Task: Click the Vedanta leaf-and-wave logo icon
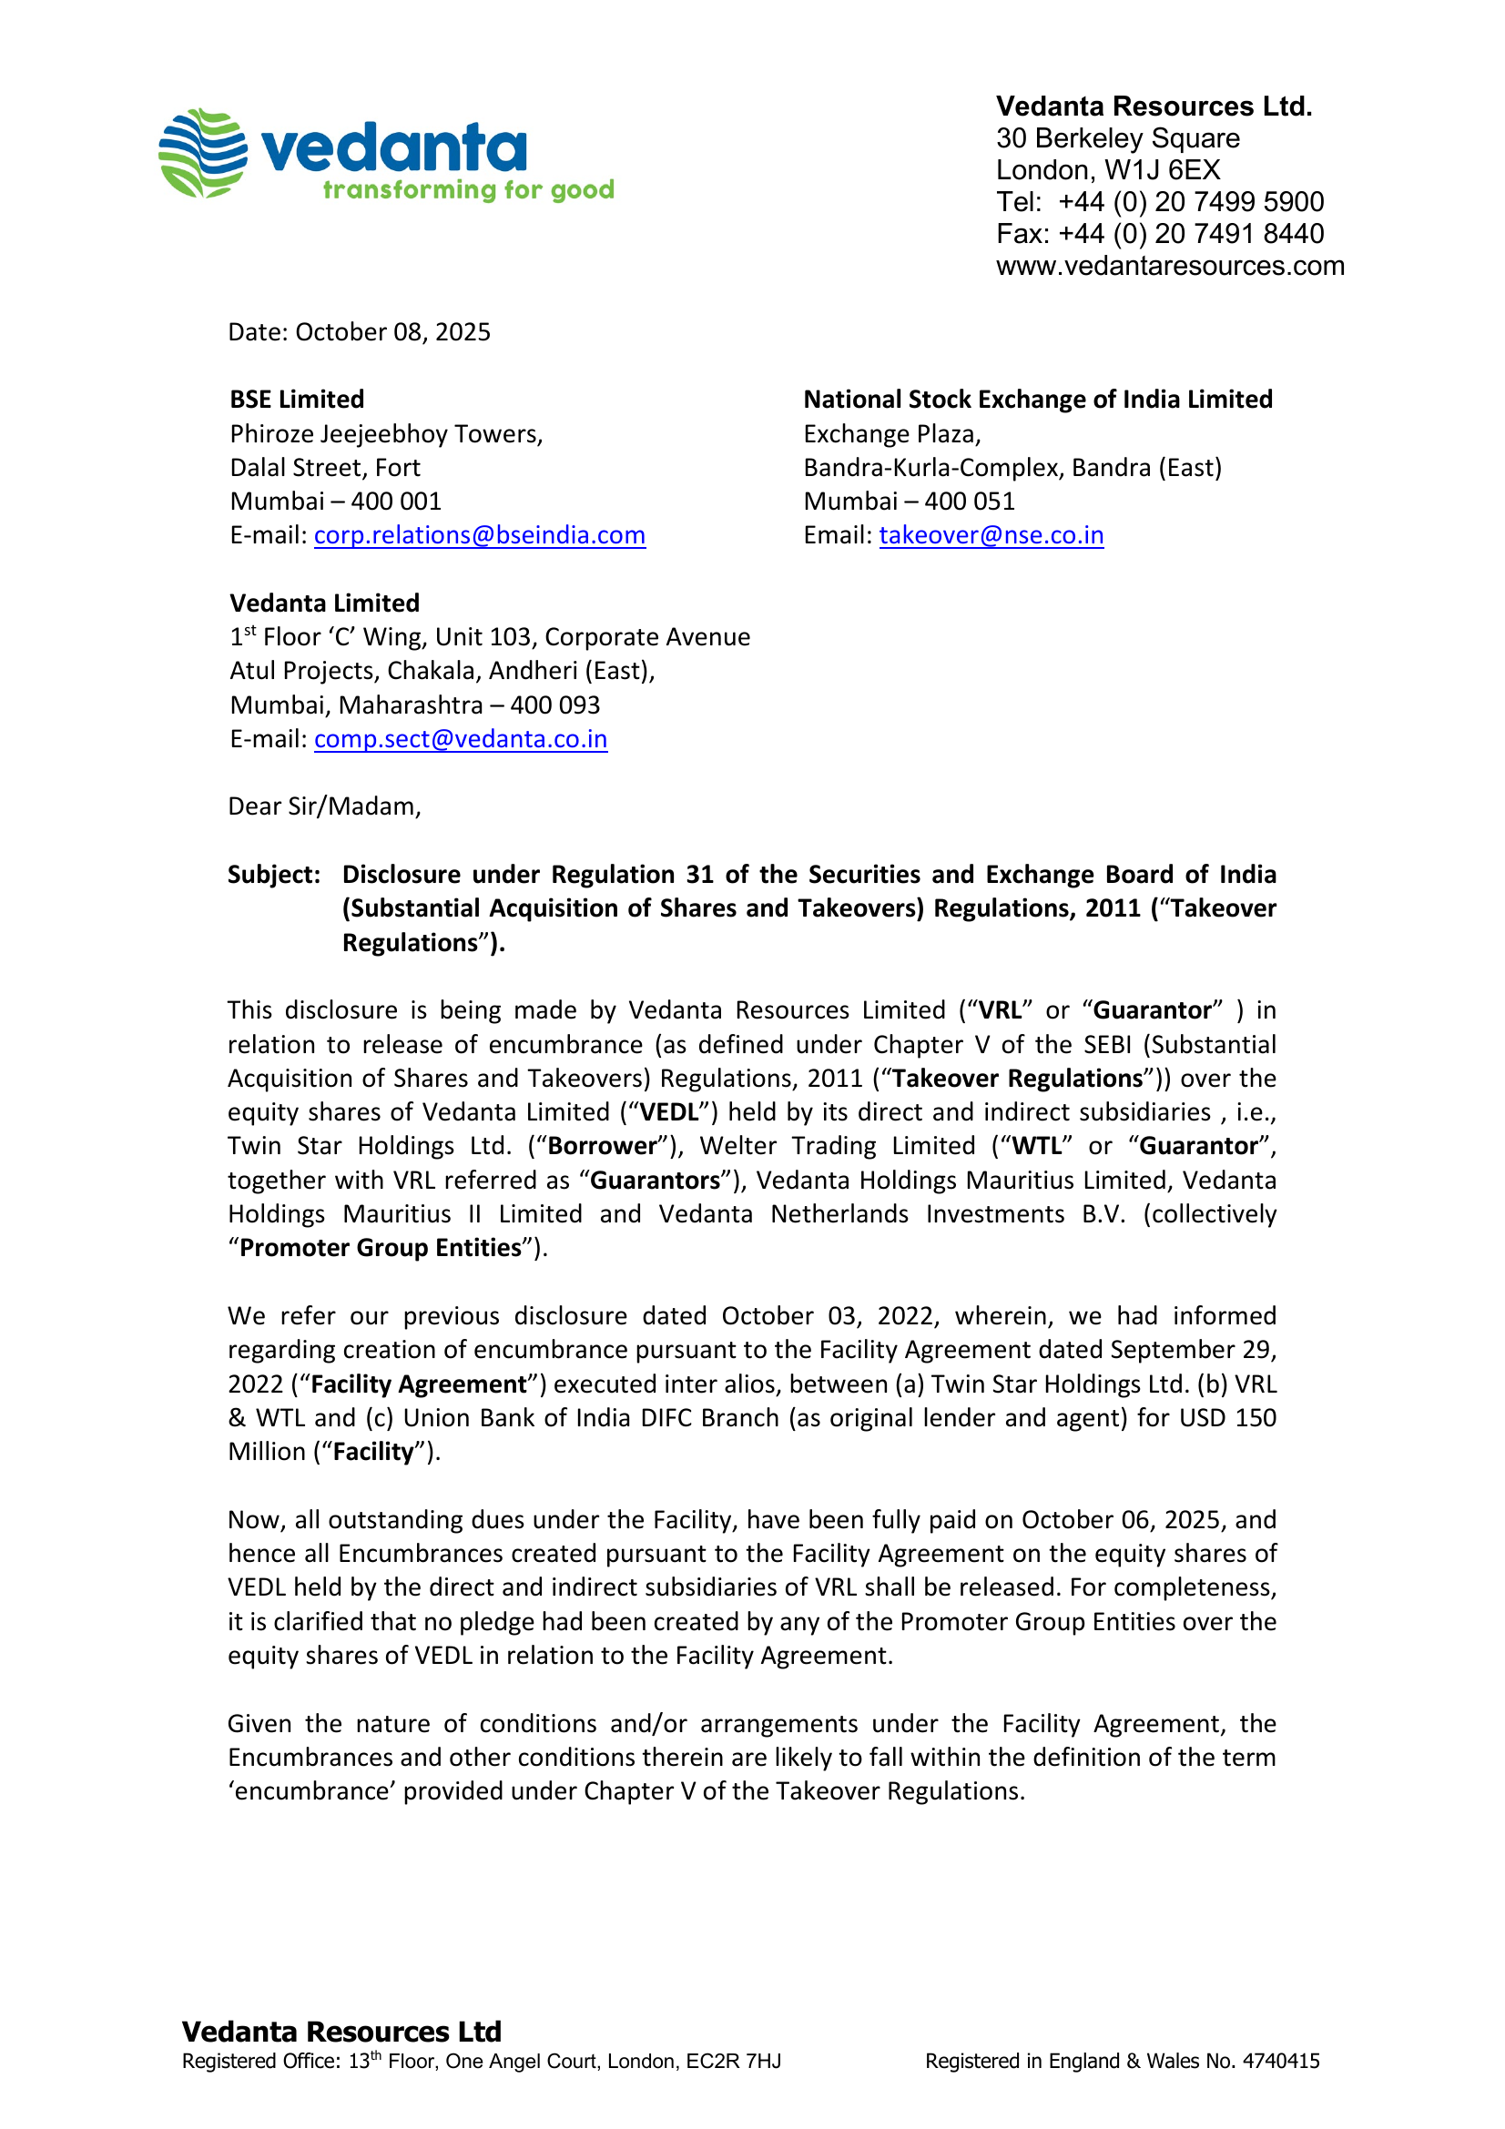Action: (x=202, y=153)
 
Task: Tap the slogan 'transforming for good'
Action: (x=467, y=190)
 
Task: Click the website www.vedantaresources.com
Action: (x=1169, y=266)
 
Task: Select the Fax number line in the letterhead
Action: (x=1159, y=234)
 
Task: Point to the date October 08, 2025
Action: (x=392, y=332)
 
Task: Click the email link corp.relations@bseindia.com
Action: (x=480, y=535)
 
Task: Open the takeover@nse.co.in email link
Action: (x=991, y=535)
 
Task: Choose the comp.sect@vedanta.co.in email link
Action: (x=460, y=739)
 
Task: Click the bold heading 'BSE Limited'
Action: (x=297, y=400)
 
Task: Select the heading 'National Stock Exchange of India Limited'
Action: (x=1037, y=400)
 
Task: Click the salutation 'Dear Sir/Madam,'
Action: (x=323, y=806)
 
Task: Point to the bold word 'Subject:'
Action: (x=273, y=875)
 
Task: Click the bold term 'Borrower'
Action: (x=603, y=1146)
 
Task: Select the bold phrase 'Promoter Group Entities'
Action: (x=381, y=1248)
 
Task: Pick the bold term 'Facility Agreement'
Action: (x=418, y=1384)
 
